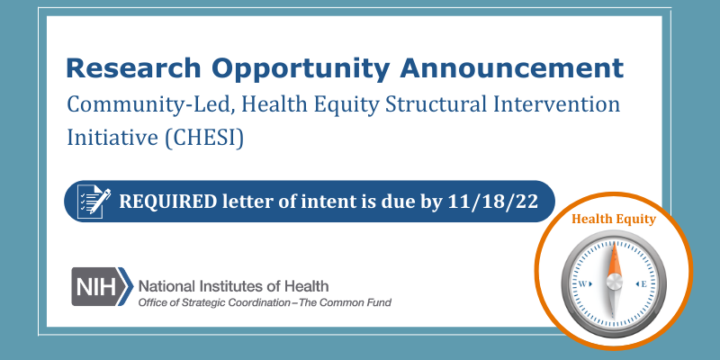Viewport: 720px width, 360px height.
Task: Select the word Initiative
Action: coord(107,140)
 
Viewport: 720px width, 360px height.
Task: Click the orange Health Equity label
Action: coord(614,217)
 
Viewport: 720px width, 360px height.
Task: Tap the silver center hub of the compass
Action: coord(614,283)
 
